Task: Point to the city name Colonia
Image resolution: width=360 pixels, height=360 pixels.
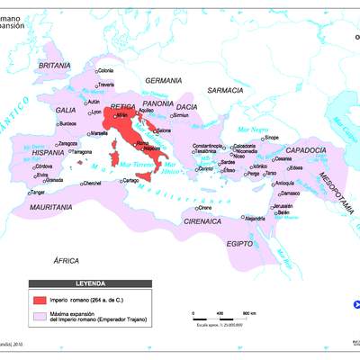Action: (105, 71)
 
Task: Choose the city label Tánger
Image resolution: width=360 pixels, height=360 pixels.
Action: (37, 192)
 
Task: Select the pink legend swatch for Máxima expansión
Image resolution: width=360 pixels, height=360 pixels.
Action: (40, 316)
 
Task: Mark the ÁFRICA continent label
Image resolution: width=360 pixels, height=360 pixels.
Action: (67, 259)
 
